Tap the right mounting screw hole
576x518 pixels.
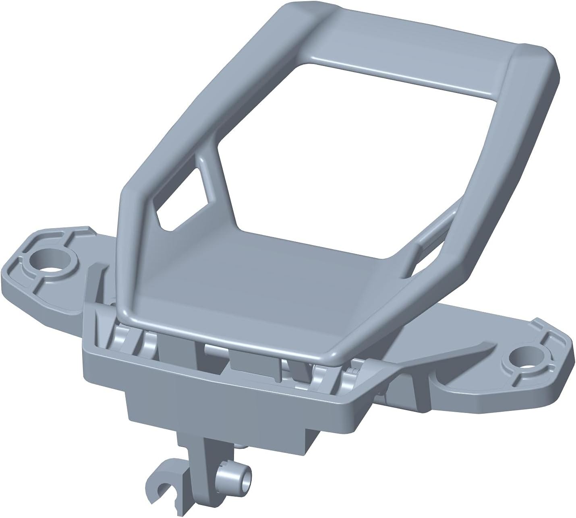pos(521,359)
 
